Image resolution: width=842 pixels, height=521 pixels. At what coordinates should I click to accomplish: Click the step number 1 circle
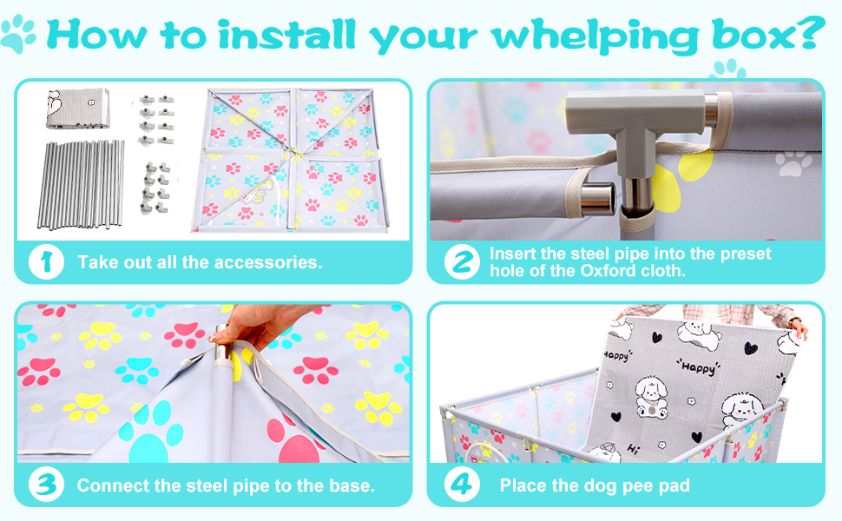coord(46,262)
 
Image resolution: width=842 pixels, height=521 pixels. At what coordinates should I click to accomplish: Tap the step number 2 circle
coord(462,262)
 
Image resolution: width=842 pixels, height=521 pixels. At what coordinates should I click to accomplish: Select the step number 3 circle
coord(46,485)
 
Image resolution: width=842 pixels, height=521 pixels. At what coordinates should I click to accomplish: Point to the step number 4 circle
coord(462,485)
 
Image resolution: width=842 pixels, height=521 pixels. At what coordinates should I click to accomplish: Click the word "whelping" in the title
coord(595,36)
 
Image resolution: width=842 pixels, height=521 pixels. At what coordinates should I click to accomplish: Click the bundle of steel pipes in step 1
coord(81,184)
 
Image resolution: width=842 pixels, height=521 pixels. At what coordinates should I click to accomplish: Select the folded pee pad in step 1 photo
coord(78,109)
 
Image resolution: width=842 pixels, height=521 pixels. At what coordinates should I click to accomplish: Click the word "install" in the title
coord(286,35)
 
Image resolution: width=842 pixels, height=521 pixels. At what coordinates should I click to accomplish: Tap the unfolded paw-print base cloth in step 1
coord(290,160)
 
